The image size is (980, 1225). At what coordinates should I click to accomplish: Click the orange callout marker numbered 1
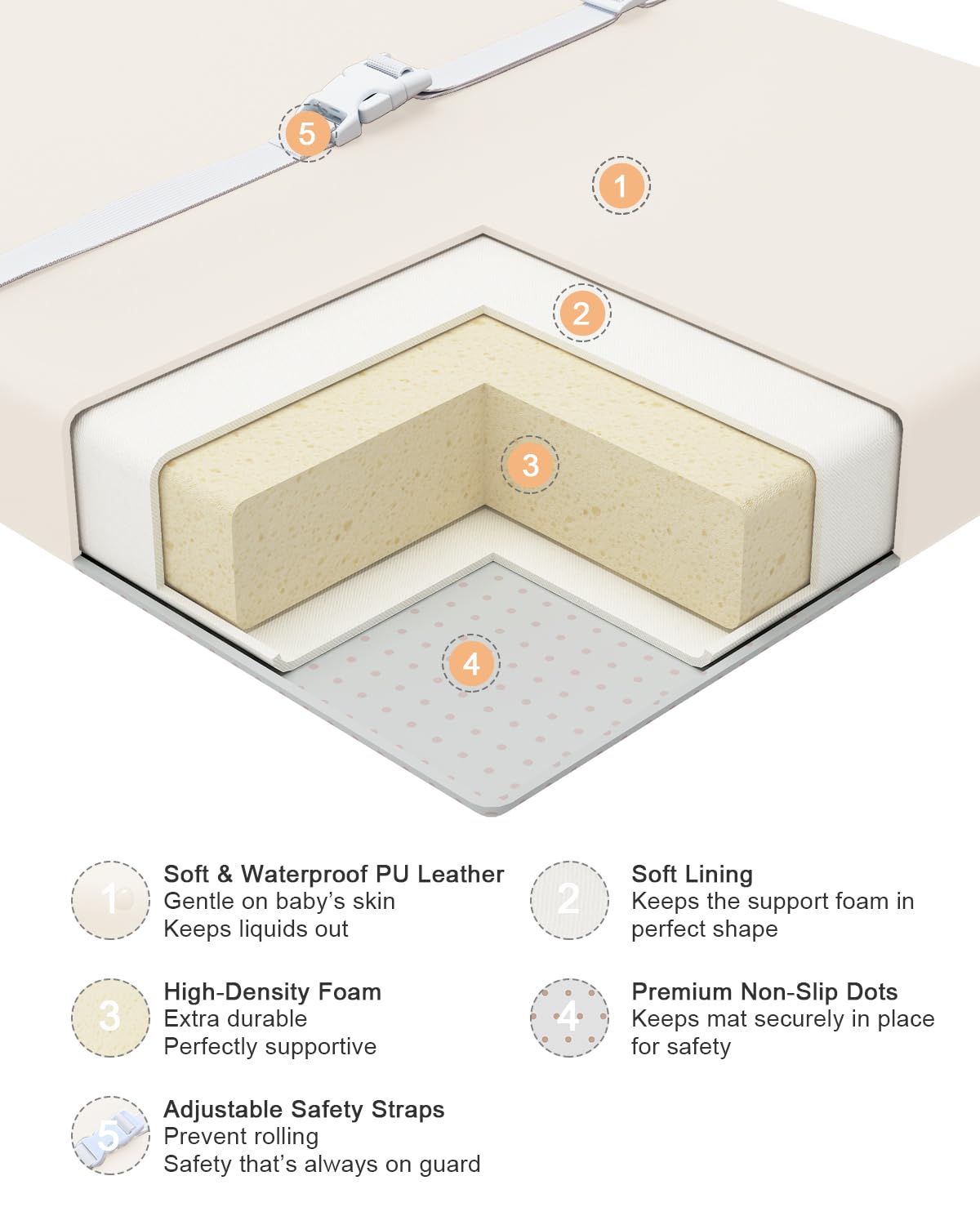621,185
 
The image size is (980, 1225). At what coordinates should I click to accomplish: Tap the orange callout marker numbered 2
581,313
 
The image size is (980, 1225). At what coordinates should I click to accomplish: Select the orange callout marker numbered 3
529,465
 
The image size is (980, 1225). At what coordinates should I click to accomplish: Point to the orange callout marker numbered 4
471,663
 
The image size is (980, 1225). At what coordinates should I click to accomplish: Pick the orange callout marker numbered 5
308,133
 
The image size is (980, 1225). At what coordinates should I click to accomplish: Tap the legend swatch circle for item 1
110,900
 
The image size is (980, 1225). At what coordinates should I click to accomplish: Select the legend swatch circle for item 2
569,900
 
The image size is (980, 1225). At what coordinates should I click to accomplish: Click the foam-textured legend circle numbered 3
110,1018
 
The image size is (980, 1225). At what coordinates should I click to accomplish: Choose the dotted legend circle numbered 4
569,1018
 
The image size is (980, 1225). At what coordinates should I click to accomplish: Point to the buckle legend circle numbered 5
110,1136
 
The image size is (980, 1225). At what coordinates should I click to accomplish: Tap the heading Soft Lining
692,875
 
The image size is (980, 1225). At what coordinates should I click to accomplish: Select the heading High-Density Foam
272,992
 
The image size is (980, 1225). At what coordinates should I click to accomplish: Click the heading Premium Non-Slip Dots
764,992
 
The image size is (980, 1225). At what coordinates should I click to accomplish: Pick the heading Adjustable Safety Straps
304,1110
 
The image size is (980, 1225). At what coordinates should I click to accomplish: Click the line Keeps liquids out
256,929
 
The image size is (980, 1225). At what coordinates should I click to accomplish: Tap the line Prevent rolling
241,1137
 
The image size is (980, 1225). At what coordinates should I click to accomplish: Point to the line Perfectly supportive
270,1047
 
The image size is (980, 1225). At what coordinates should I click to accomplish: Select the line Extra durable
235,1019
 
